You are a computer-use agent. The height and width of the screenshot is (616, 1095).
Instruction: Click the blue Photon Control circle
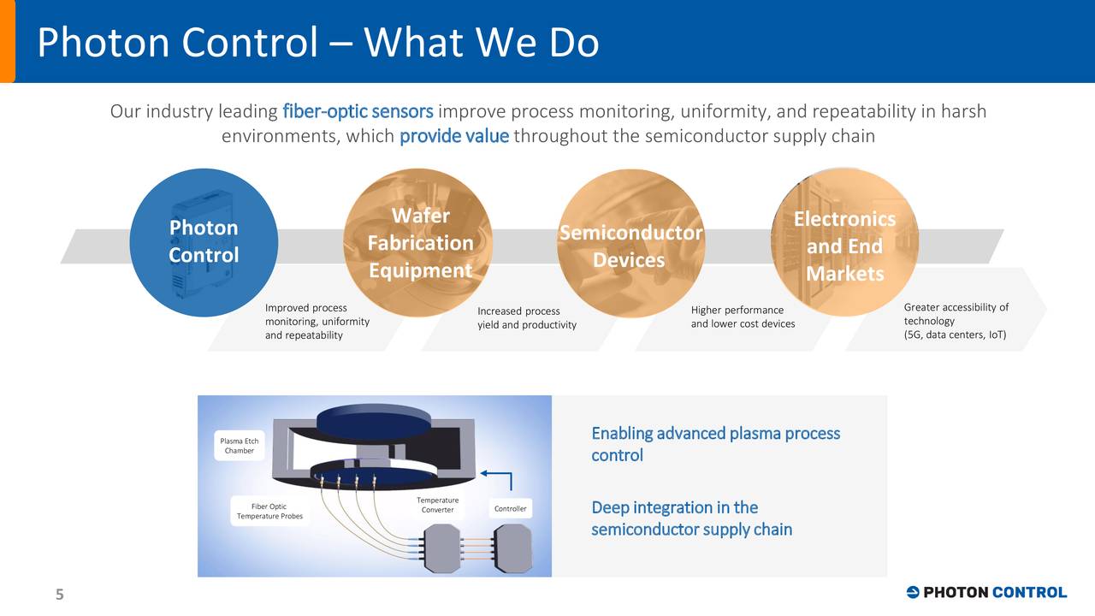204,242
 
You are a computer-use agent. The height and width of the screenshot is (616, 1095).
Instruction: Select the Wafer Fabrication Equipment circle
419,242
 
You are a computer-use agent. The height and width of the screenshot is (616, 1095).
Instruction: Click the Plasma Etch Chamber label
240,446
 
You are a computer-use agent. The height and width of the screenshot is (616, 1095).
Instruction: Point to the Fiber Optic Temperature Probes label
269,512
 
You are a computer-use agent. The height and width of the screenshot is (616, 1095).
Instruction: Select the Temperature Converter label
437,505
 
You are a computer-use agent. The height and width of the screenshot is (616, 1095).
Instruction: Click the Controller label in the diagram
511,509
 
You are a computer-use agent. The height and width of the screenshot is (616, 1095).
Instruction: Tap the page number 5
60,595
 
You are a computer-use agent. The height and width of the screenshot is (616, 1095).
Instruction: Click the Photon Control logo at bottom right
985,592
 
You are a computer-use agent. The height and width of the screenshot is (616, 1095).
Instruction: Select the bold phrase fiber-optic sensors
358,112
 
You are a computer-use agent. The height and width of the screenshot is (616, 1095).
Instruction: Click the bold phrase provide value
453,137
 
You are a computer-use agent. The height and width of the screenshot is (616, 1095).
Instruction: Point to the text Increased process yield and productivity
526,318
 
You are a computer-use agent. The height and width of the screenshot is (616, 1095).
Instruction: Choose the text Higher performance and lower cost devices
743,317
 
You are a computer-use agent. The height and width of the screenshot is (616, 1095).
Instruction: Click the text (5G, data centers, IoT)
955,335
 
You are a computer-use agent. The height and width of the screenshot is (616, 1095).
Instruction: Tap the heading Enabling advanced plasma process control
715,444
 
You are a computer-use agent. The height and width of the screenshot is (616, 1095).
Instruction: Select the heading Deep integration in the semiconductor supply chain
691,518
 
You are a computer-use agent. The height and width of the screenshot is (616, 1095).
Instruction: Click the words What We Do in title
481,43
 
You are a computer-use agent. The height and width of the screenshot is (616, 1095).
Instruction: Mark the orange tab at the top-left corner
7,41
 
